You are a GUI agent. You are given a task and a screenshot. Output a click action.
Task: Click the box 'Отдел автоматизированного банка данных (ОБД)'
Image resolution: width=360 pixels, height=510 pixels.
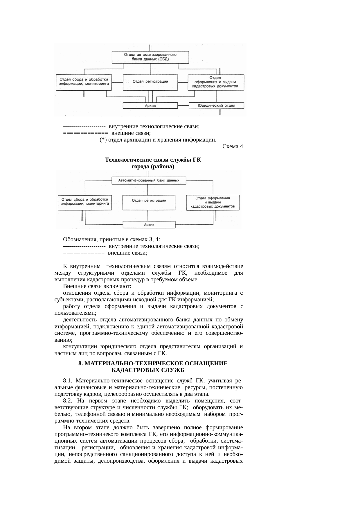click(150, 57)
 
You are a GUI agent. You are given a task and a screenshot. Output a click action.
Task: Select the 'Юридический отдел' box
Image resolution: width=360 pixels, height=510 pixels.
click(216, 105)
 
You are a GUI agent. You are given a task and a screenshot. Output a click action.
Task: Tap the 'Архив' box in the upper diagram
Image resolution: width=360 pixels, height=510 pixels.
click(150, 106)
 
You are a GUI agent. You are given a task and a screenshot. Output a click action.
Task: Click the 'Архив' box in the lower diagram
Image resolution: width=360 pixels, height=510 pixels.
click(149, 225)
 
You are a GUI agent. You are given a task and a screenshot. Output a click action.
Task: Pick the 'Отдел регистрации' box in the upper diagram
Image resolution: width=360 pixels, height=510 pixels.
click(150, 82)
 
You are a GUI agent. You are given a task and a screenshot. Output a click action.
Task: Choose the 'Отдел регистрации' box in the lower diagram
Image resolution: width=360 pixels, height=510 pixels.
click(149, 201)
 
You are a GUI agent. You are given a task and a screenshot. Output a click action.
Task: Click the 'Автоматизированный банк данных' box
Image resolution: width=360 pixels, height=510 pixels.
click(149, 180)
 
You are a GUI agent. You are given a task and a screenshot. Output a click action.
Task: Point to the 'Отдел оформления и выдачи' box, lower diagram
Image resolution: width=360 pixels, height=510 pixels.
click(213, 202)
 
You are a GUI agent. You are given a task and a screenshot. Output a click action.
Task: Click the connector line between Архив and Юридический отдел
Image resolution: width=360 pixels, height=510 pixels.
click(183, 105)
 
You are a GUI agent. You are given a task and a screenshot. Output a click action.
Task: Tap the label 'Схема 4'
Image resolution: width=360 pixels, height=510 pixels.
click(232, 146)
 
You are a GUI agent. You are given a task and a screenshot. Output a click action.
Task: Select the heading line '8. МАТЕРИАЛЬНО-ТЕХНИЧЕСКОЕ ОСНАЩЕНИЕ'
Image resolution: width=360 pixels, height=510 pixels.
click(153, 364)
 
